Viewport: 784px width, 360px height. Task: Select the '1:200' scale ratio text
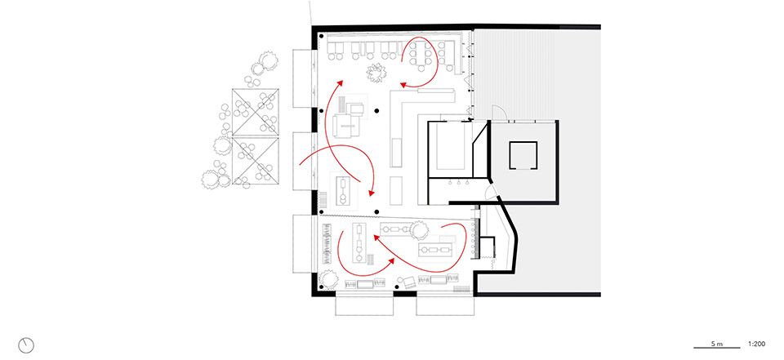756,344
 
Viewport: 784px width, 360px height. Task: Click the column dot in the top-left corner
323,37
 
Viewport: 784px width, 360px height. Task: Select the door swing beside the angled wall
490,195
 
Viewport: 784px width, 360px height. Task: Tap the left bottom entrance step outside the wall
364,304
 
